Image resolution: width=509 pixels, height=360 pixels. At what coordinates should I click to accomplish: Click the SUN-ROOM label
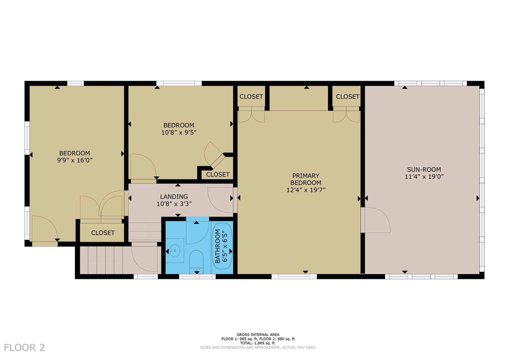[424, 169]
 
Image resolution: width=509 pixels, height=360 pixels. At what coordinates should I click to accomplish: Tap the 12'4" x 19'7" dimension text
[306, 190]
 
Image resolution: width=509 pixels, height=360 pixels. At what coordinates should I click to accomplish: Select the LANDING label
[174, 197]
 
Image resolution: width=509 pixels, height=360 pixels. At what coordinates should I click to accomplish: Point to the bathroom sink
[174, 250]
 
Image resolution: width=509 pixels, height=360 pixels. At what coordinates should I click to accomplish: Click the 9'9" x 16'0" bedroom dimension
[75, 160]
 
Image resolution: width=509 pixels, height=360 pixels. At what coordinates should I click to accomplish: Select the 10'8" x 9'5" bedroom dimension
[179, 132]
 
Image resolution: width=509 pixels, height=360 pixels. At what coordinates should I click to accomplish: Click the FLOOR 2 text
[24, 347]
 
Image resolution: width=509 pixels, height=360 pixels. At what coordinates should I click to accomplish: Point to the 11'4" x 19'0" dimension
[424, 177]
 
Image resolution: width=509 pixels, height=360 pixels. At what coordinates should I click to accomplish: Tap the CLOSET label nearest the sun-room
[347, 97]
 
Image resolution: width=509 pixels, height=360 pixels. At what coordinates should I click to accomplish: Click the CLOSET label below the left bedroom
[103, 233]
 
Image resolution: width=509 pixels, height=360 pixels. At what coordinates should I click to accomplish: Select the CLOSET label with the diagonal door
[218, 174]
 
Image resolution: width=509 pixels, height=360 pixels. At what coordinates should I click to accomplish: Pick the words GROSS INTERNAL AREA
[258, 335]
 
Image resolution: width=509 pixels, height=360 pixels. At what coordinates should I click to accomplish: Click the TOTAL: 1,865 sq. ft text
[258, 343]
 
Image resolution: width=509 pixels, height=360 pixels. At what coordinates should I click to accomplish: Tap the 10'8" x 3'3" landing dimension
[174, 204]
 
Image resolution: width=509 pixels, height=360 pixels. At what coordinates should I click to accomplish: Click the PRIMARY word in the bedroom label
[306, 176]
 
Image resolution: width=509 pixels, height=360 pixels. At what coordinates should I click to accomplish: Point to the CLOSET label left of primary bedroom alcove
[251, 97]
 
